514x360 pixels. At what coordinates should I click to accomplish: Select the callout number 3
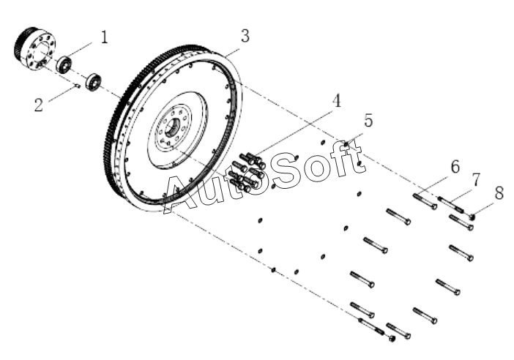tap(245, 35)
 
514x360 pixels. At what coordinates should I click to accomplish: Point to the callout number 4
tap(336, 102)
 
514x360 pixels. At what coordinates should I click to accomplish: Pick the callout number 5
tap(368, 121)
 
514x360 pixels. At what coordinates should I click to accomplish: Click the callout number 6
tap(455, 168)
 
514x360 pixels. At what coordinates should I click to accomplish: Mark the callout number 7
tap(475, 179)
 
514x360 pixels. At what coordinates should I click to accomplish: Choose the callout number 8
tap(499, 192)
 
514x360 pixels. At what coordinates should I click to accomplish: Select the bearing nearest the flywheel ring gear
tap(94, 81)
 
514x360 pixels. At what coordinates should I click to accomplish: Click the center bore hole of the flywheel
tap(174, 127)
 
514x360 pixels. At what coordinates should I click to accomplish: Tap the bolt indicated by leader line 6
tap(424, 200)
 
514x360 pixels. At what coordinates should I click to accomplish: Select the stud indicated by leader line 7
tap(451, 204)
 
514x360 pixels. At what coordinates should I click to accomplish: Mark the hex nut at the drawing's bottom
tap(392, 338)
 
